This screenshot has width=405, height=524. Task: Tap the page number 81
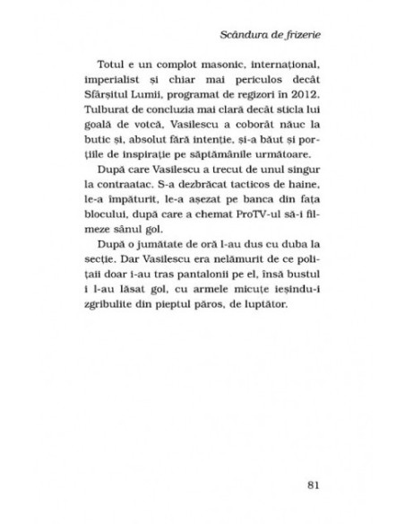pos(313,486)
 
